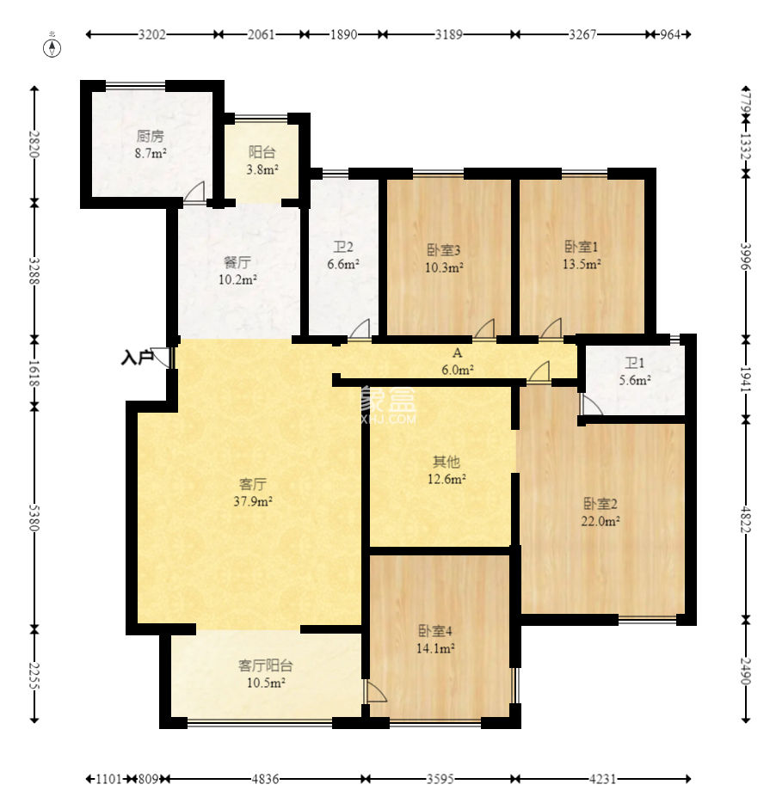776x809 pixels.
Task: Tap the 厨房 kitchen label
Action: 151,136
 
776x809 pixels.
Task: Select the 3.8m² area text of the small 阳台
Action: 262,169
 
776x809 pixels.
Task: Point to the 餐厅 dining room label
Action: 237,262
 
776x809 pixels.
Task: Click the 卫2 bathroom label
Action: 343,247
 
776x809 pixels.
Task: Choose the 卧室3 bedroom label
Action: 444,250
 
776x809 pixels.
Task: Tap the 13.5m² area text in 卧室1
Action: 582,264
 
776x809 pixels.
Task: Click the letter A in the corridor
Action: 457,353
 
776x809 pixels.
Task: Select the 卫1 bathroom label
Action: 635,363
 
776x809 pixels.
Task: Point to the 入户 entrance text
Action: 138,357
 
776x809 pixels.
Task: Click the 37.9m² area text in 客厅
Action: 253,501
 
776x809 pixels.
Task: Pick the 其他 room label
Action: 447,462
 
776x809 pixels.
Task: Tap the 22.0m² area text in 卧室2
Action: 600,521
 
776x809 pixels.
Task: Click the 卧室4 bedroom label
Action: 435,631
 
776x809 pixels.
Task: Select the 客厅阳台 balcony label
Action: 265,665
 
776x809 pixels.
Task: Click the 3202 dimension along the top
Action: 152,34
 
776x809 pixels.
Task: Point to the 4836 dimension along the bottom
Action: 265,779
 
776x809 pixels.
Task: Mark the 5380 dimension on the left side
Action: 34,518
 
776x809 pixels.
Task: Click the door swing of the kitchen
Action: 194,191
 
